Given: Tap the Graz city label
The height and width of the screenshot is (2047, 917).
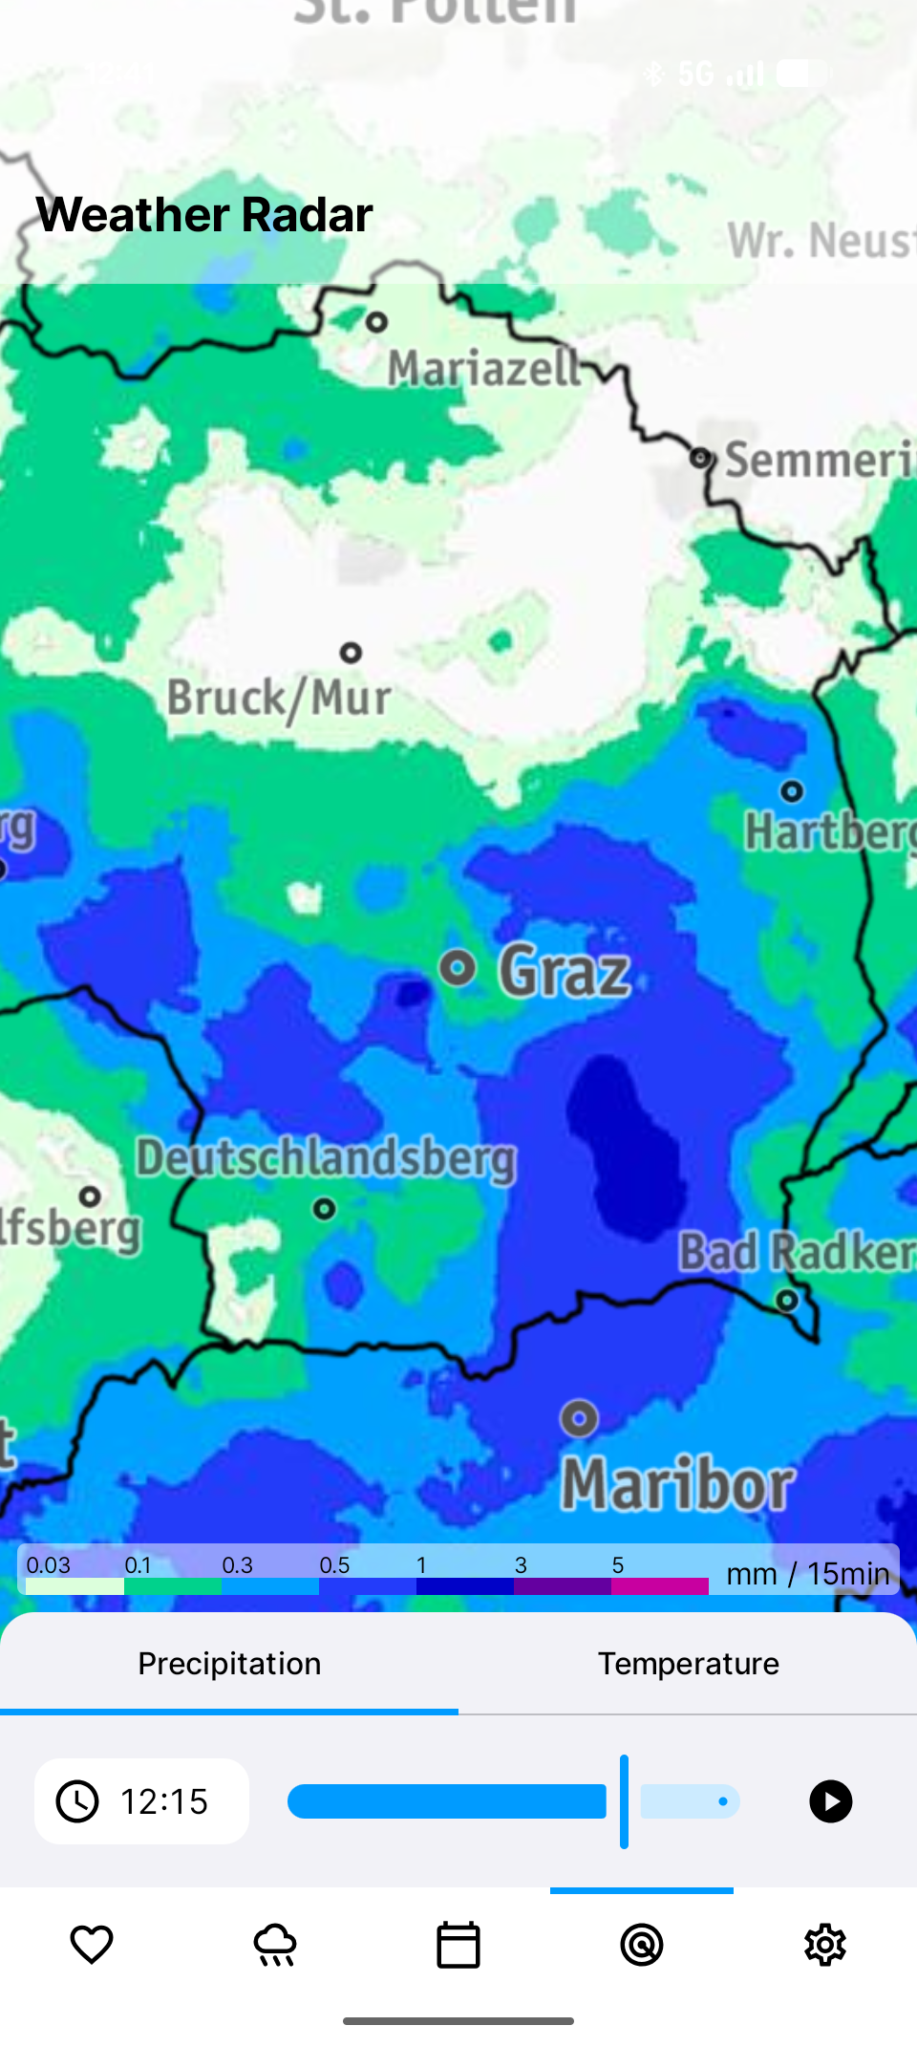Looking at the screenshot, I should point(564,971).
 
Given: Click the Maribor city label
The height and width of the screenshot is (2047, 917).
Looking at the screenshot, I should point(676,1485).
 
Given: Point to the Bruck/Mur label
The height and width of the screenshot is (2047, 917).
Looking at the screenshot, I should point(279,698).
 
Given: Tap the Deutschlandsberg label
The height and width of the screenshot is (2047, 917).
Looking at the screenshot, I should point(326,1158).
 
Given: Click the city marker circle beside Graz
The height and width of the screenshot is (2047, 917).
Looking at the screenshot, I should point(458,968).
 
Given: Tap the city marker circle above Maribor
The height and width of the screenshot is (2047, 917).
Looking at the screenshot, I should point(579,1418).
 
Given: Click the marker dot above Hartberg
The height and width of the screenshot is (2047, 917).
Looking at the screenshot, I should point(792,791).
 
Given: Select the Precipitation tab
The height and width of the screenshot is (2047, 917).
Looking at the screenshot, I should point(229,1664).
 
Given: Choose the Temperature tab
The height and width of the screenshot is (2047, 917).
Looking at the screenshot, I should point(688,1664).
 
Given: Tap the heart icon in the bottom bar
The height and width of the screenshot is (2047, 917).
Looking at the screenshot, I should point(92,1945).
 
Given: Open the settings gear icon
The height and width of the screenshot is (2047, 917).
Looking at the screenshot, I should point(825,1945).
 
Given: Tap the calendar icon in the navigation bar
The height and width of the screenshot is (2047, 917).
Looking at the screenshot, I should point(458,1945).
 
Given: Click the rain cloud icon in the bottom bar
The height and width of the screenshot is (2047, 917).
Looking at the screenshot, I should point(275,1945).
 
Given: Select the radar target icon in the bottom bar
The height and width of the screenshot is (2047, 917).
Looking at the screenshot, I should point(642,1945).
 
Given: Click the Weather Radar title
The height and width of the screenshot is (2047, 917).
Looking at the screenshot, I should point(204,215).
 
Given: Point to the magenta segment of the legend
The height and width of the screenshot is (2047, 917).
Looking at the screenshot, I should point(659,1586).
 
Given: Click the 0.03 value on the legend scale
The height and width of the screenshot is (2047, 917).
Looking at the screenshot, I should point(49,1565).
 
